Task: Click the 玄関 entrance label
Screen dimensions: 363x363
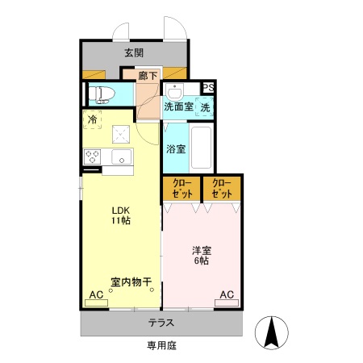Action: [x=134, y=53]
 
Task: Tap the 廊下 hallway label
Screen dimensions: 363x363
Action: [x=147, y=76]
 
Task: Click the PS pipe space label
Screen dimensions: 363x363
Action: [x=208, y=89]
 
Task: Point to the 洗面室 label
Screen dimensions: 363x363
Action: [x=177, y=106]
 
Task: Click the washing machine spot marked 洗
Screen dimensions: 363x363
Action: [x=205, y=106]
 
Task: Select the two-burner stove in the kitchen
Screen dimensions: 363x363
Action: [x=91, y=156]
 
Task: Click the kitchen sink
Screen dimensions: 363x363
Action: [x=122, y=156]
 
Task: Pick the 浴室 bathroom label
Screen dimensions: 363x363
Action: [x=176, y=148]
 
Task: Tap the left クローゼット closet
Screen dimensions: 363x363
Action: [x=181, y=188]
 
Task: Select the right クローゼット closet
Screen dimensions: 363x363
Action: [x=222, y=188]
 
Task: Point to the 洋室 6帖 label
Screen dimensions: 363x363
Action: [x=201, y=255]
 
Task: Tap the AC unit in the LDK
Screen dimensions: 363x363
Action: [x=96, y=295]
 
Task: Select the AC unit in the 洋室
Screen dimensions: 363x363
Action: [x=227, y=295]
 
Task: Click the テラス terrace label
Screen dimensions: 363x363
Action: [x=161, y=323]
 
